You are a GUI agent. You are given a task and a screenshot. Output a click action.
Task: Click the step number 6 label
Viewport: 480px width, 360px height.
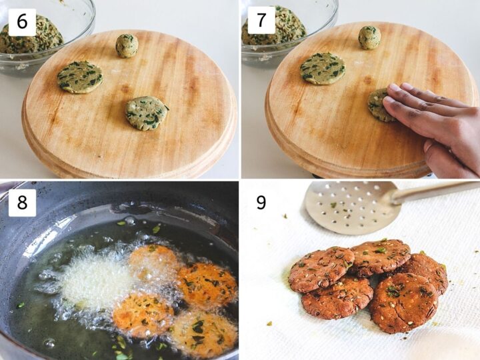(x=22, y=21)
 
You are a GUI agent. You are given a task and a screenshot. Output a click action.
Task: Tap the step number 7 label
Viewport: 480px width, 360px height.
(x=261, y=20)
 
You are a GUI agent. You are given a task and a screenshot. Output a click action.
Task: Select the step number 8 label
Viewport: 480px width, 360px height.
(x=22, y=202)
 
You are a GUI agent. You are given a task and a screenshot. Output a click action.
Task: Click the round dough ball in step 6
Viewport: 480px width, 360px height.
(x=127, y=45)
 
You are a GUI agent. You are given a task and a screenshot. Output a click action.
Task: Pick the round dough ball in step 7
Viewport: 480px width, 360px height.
(x=369, y=37)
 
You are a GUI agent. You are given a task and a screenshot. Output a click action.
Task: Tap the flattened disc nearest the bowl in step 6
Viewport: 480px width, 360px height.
(x=79, y=77)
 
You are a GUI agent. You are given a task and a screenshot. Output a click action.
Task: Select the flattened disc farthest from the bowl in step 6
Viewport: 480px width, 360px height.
(x=146, y=112)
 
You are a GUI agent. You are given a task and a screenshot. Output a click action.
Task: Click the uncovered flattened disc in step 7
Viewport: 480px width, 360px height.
(x=322, y=69)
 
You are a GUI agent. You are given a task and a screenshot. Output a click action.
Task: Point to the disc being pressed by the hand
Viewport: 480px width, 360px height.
(x=379, y=105)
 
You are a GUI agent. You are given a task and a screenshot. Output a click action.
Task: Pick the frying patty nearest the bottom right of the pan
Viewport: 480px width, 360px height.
(x=203, y=333)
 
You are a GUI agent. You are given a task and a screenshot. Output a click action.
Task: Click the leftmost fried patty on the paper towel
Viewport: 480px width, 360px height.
(x=321, y=269)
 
